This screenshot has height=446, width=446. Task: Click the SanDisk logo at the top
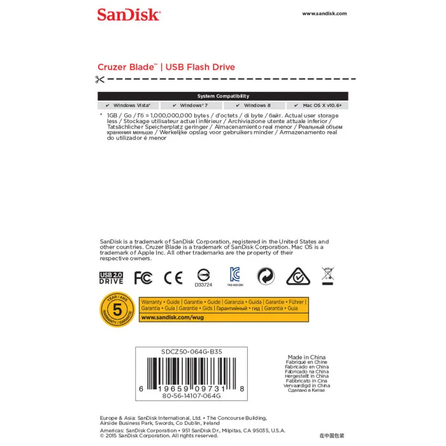pyautogui.click(x=128, y=14)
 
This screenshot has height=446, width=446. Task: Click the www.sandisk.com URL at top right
pyautogui.click(x=324, y=13)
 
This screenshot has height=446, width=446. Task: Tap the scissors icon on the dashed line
pyautogui.click(x=99, y=80)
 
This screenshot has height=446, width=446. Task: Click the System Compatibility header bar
pyautogui.click(x=223, y=96)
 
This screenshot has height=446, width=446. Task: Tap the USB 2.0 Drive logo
pyautogui.click(x=111, y=277)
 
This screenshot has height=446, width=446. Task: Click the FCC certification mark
pyautogui.click(x=143, y=277)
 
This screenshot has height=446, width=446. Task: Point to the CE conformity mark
pyautogui.click(x=173, y=277)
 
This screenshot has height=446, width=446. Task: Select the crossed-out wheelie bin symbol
pyautogui.click(x=328, y=275)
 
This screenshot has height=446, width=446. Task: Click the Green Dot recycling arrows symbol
pyautogui.click(x=266, y=276)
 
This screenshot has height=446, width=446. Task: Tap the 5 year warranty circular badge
pyautogui.click(x=117, y=310)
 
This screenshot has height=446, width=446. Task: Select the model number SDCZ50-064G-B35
pyautogui.click(x=191, y=351)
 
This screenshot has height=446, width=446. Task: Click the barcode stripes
pyautogui.click(x=191, y=370)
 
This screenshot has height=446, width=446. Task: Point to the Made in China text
pyautogui.click(x=308, y=357)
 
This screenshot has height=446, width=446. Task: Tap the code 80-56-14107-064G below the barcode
pyautogui.click(x=191, y=396)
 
